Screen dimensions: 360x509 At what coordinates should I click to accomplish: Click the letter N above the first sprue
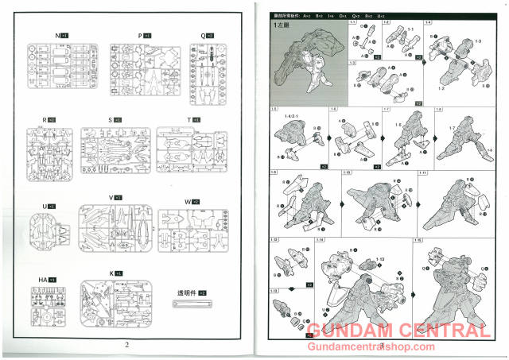pyautogui.click(x=57, y=36)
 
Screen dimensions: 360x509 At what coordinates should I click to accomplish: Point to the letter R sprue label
pyautogui.click(x=45, y=119)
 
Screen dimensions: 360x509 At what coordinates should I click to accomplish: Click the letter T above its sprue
pyautogui.click(x=188, y=119)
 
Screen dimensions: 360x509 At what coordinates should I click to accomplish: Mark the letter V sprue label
pyautogui.click(x=111, y=196)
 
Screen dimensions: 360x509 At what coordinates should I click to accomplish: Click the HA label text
pyautogui.click(x=42, y=280)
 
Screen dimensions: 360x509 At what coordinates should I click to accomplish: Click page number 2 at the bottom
pyautogui.click(x=126, y=344)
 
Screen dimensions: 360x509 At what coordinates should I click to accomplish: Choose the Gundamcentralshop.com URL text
pyautogui.click(x=382, y=346)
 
